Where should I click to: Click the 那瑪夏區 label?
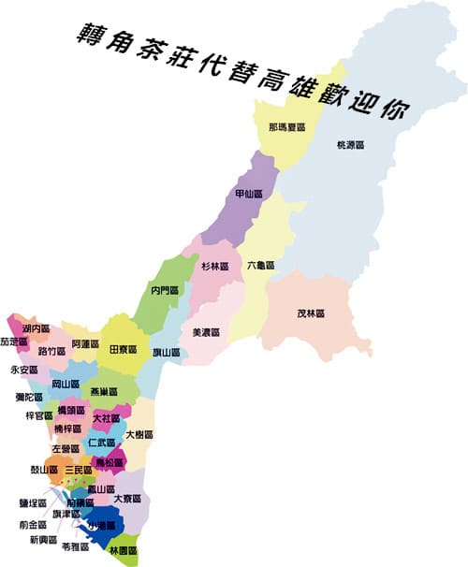(x=283, y=126)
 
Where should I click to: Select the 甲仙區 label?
(x=247, y=194)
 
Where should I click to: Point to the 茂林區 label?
(x=310, y=313)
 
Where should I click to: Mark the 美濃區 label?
(x=206, y=332)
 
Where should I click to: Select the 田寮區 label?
(x=124, y=349)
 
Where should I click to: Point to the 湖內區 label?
(x=33, y=327)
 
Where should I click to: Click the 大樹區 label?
(x=139, y=435)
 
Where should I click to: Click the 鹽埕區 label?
(x=32, y=502)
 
